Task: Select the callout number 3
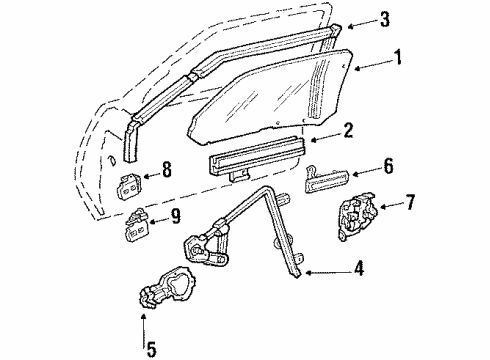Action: pos(386,18)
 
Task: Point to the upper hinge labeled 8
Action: pos(131,185)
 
